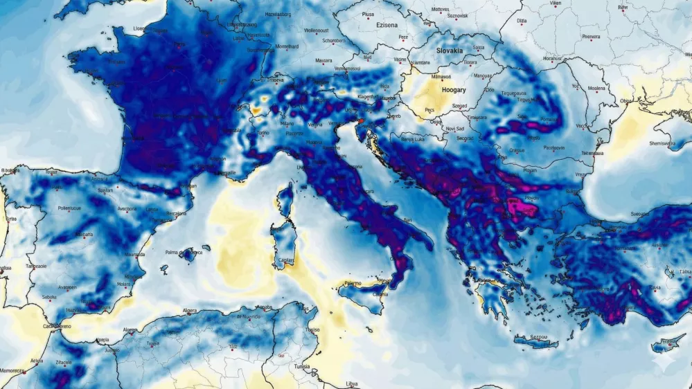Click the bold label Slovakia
450,51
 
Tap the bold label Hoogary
453,90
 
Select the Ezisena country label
387,25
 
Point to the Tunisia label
302,366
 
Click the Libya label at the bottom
352,383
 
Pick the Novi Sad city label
454,128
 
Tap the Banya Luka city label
413,138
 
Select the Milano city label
287,123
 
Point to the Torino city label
263,132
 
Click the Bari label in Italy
408,219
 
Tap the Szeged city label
459,106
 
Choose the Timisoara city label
477,117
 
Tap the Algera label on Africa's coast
189,311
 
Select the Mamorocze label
12,371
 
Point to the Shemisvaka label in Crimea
661,143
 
